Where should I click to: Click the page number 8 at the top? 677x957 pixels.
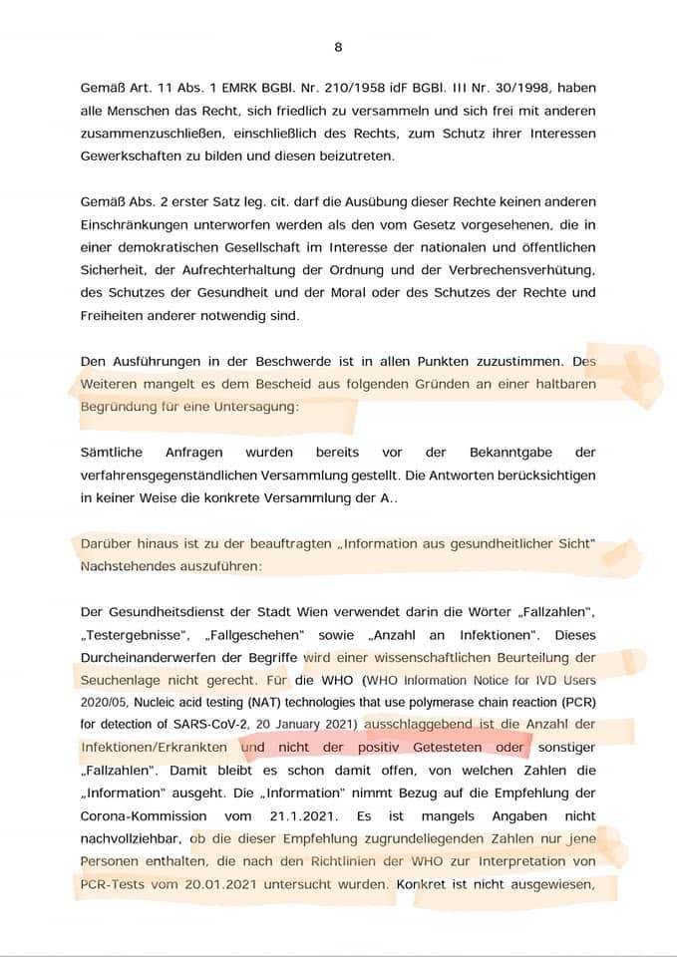pos(338,47)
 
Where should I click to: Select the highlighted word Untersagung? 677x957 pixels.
pos(253,407)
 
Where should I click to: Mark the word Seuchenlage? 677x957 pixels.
pos(119,681)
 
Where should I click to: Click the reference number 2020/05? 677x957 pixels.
pos(107,702)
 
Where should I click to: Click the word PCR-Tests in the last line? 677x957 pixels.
pos(114,883)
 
